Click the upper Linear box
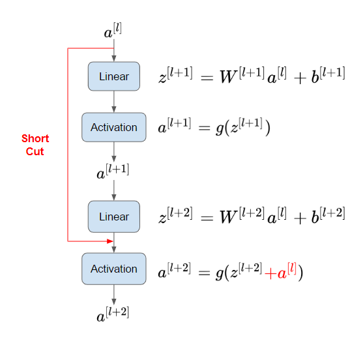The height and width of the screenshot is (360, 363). (114, 76)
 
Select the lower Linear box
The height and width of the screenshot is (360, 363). (114, 217)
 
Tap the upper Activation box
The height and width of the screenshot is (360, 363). (114, 127)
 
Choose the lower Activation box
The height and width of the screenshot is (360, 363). (114, 269)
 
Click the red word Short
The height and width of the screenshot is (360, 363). (35, 138)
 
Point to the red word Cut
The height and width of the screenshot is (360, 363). (35, 151)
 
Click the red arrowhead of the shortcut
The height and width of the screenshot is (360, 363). (110, 241)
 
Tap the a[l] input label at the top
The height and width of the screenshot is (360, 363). (113, 31)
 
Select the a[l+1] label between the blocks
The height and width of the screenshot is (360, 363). (113, 172)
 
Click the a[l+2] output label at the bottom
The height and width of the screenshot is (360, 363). (113, 314)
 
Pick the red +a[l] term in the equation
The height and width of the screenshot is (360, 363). (280, 271)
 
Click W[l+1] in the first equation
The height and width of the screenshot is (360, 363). (242, 75)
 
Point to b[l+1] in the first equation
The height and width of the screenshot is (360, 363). (328, 75)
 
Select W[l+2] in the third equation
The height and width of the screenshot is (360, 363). (242, 215)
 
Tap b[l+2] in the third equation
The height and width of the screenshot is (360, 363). (328, 215)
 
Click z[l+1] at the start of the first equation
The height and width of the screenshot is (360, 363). (175, 75)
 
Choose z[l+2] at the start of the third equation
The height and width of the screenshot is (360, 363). (175, 215)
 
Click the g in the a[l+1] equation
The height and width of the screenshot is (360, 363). (219, 128)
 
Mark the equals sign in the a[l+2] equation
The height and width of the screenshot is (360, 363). (204, 273)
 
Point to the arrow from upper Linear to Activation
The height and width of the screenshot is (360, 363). (114, 102)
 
